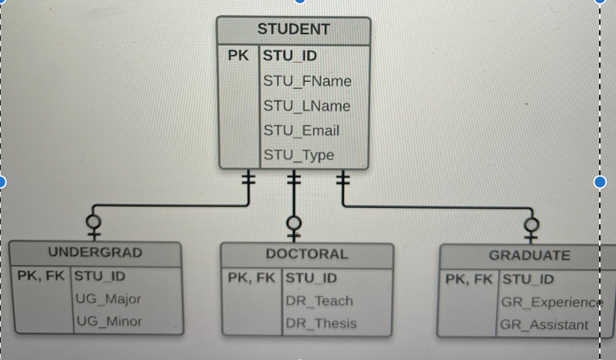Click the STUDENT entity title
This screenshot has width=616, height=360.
pyautogui.click(x=293, y=30)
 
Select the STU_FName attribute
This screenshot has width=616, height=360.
pyautogui.click(x=307, y=82)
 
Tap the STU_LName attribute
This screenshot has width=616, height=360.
pyautogui.click(x=307, y=107)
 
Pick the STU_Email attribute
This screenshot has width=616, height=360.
pyautogui.click(x=301, y=131)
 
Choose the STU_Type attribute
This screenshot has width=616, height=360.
pyautogui.click(x=299, y=155)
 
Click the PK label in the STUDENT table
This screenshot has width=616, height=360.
pyautogui.click(x=238, y=55)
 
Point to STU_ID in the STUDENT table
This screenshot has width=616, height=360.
pyautogui.click(x=290, y=55)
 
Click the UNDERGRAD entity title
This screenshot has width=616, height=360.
pyautogui.click(x=95, y=253)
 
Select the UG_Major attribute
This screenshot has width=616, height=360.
pyautogui.click(x=109, y=299)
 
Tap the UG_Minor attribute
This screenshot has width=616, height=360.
pyautogui.click(x=109, y=322)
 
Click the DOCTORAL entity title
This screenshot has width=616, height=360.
pyautogui.click(x=307, y=254)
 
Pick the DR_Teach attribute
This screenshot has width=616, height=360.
pyautogui.click(x=319, y=301)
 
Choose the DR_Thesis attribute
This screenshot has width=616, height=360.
pyautogui.click(x=321, y=324)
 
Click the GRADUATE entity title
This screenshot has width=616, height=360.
pyautogui.click(x=529, y=256)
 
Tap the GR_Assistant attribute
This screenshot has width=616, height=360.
pyautogui.click(x=544, y=326)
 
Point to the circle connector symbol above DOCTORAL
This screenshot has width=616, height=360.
pyautogui.click(x=293, y=222)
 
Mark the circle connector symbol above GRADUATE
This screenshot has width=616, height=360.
pyautogui.click(x=532, y=224)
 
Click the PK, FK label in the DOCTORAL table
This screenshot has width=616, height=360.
pyautogui.click(x=252, y=278)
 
